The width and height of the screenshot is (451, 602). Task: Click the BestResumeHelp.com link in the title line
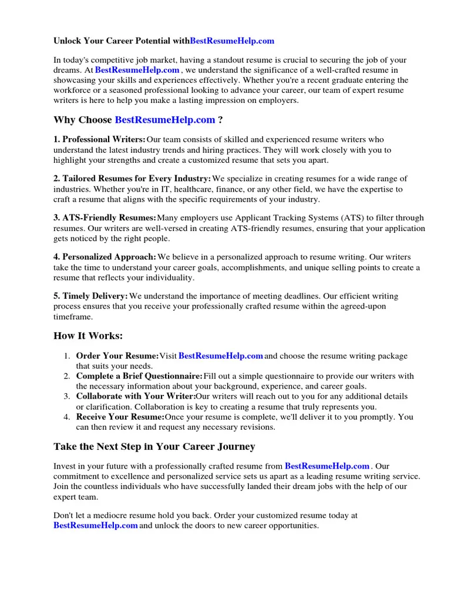232,41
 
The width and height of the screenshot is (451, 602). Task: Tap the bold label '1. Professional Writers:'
99,139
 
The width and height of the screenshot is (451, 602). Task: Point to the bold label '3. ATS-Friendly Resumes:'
105,218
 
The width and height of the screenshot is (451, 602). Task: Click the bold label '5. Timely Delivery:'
90,296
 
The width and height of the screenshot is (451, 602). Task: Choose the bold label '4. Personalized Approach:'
105,257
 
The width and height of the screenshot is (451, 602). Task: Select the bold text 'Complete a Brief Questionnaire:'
139,376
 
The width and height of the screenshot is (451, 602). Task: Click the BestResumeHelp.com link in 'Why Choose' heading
165,120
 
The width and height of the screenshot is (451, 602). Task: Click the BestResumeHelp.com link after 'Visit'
220,356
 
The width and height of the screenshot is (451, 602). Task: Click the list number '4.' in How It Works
67,417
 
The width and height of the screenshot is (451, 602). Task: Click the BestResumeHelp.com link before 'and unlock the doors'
96,526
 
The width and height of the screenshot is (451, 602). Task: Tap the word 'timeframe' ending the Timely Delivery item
73,317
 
